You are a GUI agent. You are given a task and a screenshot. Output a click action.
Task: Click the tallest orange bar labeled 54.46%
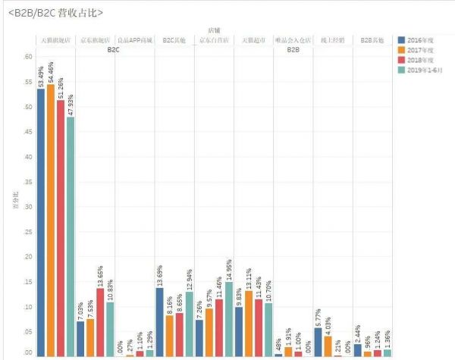point(51,220)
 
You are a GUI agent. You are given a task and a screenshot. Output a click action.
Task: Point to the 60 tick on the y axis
point(28,57)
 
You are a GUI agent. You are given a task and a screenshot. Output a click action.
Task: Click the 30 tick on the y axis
point(28,206)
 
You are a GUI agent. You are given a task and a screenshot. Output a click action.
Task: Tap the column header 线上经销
point(332,39)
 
